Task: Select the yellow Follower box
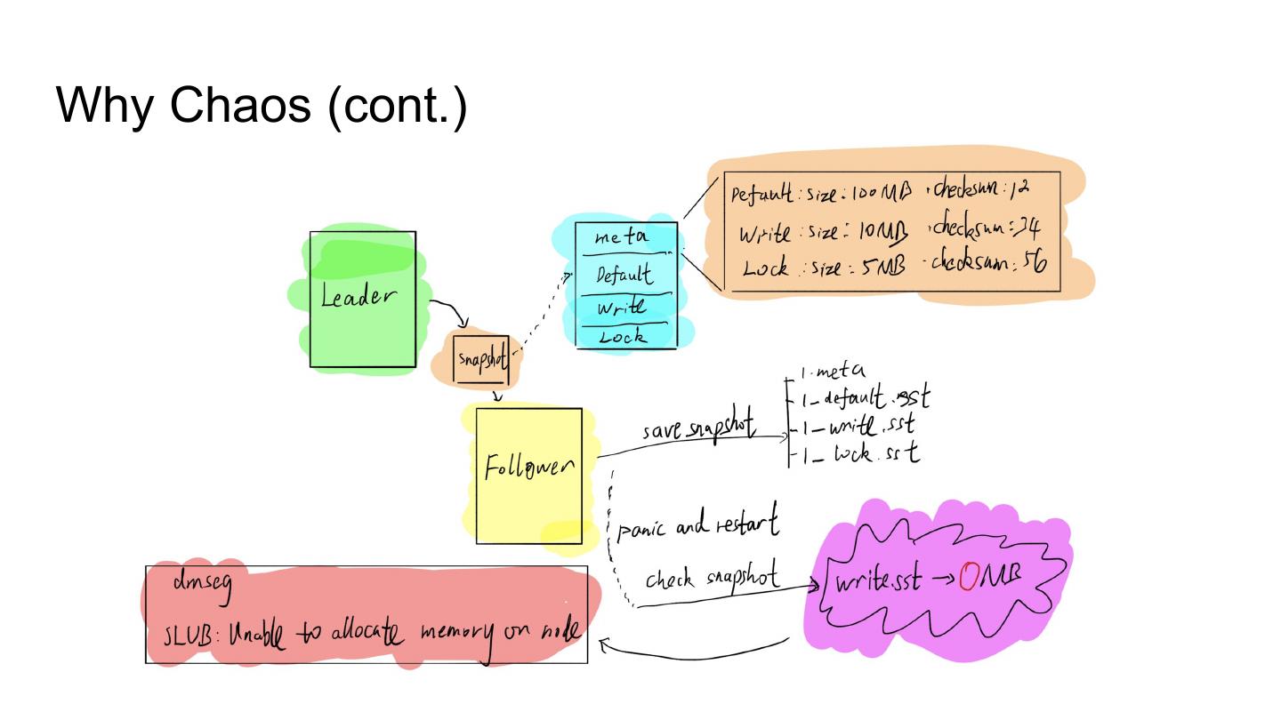tap(528, 476)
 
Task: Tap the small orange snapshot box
tap(481, 359)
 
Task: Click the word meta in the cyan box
tap(622, 237)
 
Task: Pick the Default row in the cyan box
tap(624, 275)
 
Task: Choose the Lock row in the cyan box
tap(622, 337)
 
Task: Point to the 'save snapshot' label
tap(698, 430)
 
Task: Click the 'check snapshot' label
tap(712, 579)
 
